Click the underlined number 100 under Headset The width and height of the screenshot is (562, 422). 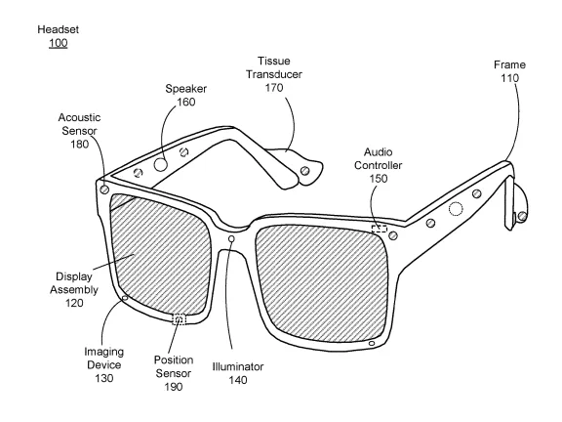pos(59,43)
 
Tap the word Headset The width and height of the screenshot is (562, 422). pos(59,29)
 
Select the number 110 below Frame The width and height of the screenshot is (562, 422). pos(509,78)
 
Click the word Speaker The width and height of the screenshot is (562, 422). pos(186,89)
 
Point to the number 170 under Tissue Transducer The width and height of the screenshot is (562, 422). pos(274,88)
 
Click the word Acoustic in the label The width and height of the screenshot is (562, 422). pos(80,117)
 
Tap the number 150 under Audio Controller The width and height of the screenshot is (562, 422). pos(379,179)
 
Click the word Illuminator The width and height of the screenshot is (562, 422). pos(238,366)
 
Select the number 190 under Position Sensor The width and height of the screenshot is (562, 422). pos(174,387)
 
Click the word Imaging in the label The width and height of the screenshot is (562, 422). pos(104,352)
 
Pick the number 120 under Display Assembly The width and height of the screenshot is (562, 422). pos(74,303)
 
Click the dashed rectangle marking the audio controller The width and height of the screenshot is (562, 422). pos(380,229)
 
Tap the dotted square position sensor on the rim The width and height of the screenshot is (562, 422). pos(180,318)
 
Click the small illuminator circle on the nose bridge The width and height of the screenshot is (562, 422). pos(231,238)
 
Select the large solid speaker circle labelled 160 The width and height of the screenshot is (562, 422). pos(161,165)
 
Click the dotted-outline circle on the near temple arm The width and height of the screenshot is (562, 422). pos(456,209)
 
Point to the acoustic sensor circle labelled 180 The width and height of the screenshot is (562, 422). pos(104,190)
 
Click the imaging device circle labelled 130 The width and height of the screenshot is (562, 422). pos(125,298)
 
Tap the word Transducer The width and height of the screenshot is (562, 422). pos(274,74)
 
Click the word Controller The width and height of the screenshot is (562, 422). pos(379,165)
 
